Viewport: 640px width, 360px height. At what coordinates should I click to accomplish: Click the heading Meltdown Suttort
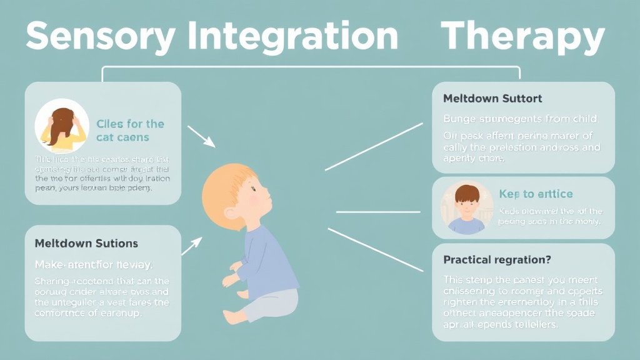pos(492,99)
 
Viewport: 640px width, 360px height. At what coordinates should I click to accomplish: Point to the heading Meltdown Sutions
pos(86,243)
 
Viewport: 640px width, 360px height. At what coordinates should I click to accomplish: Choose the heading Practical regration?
pos(497,259)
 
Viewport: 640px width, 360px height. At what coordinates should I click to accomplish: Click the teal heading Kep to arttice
pos(536,194)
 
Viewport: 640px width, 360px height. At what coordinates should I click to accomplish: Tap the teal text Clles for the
pos(130,124)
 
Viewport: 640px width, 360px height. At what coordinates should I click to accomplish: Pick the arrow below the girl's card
pos(201,136)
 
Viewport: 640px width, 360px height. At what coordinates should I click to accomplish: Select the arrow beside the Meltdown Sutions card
pos(191,246)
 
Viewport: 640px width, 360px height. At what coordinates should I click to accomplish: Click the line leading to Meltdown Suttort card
pos(374,146)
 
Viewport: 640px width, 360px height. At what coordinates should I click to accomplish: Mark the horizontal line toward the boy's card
pos(378,212)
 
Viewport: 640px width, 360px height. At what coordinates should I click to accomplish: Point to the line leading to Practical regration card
pos(375,249)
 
